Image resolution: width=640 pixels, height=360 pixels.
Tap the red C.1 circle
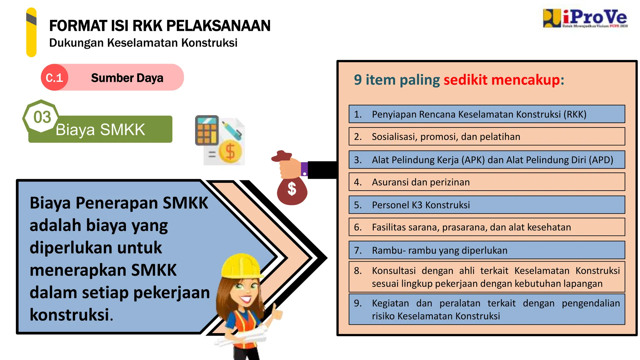(54, 77)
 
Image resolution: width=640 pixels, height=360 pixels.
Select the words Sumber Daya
(127, 78)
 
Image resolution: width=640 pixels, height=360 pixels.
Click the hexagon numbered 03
(42, 117)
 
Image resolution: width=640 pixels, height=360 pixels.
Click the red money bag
(292, 189)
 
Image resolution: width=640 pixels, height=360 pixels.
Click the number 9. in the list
(358, 303)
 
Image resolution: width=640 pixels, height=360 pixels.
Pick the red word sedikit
(465, 80)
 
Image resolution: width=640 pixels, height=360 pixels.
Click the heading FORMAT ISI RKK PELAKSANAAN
(160, 26)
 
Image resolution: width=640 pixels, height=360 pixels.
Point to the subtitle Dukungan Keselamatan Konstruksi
(143, 43)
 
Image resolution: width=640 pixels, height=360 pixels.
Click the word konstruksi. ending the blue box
(71, 315)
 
